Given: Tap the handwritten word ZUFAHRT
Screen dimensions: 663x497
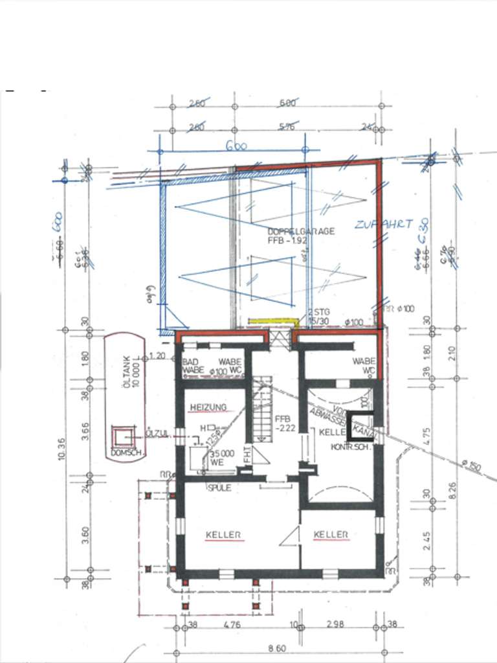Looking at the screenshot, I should [383, 225].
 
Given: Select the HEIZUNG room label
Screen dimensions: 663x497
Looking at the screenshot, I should [208, 407].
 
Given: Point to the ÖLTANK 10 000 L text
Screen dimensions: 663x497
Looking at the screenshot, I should [131, 374].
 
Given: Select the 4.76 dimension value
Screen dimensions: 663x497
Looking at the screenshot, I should [232, 625].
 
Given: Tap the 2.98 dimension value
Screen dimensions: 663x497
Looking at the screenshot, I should [335, 625].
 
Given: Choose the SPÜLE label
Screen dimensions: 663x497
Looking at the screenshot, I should [219, 488].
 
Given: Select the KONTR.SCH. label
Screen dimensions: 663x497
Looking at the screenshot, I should [349, 447].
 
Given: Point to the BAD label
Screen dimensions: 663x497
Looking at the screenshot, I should [190, 361].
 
